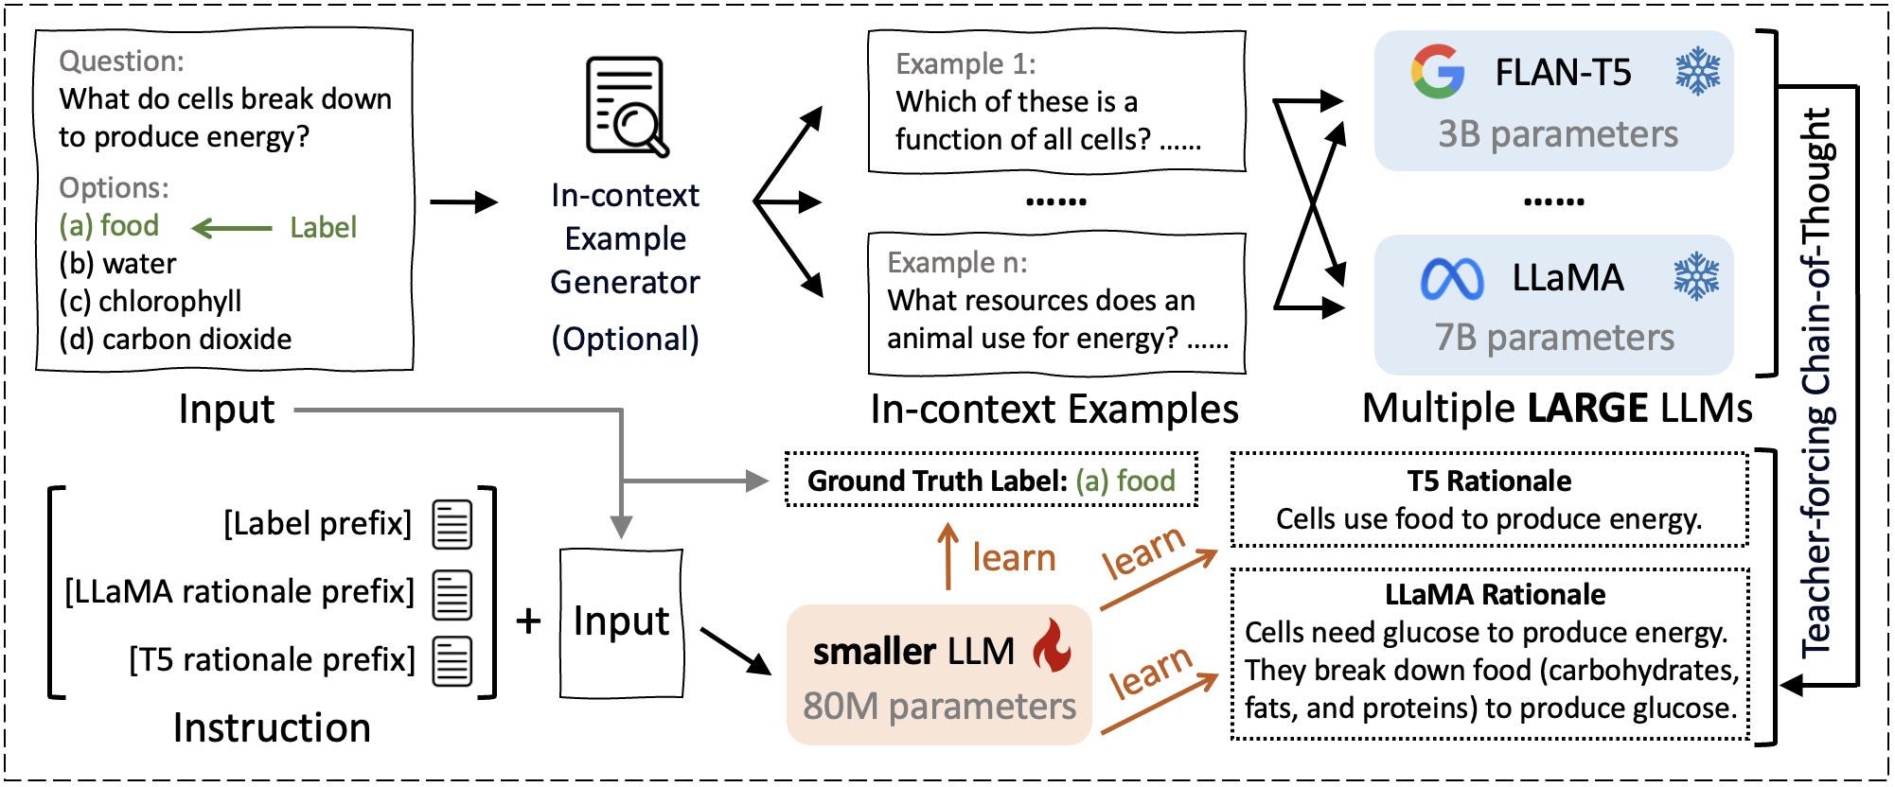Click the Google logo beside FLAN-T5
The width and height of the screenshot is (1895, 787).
(1437, 72)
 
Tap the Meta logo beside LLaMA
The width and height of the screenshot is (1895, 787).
(1452, 279)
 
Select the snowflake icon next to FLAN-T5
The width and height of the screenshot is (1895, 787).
(1698, 71)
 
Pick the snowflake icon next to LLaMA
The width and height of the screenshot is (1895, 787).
(1696, 276)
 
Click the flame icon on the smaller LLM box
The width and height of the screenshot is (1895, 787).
(1052, 645)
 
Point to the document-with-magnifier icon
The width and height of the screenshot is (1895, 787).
(627, 106)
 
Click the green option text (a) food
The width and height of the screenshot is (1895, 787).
(109, 226)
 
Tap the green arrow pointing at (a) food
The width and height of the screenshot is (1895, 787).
(232, 228)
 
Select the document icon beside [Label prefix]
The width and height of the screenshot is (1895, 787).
(452, 524)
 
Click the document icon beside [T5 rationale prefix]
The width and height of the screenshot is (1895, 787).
(452, 660)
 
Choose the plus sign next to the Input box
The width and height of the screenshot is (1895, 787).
(528, 621)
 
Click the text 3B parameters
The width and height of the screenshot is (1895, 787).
(1557, 134)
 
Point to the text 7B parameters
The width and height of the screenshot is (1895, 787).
(1554, 338)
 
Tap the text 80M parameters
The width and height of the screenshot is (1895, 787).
(939, 706)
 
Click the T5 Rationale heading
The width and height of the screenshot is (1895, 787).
(1489, 481)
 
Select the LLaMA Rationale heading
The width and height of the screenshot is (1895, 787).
(1495, 594)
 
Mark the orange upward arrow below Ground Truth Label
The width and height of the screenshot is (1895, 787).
(947, 556)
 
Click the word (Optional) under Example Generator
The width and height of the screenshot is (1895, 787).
(626, 339)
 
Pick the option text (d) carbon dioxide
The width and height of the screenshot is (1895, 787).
(175, 339)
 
